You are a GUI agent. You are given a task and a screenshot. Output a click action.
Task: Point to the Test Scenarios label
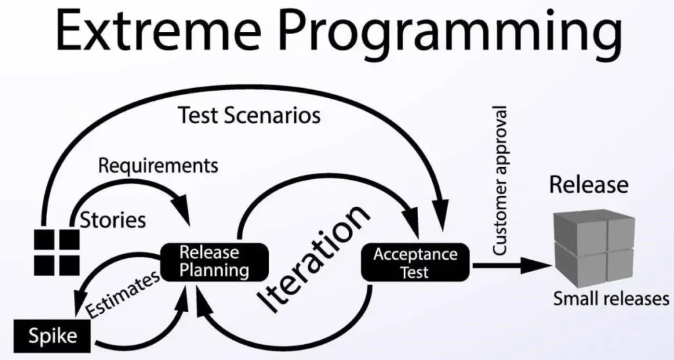pos(249,115)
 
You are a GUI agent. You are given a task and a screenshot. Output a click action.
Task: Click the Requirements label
pos(158,165)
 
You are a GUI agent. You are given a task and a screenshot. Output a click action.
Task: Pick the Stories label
pos(113,220)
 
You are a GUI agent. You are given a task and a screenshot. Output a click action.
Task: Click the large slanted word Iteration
pos(314,260)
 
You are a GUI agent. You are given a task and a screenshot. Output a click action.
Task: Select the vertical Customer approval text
pos(501,181)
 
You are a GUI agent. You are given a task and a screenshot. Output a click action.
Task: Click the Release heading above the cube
pos(589,185)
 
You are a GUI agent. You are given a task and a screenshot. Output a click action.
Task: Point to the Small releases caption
pos(611,299)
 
